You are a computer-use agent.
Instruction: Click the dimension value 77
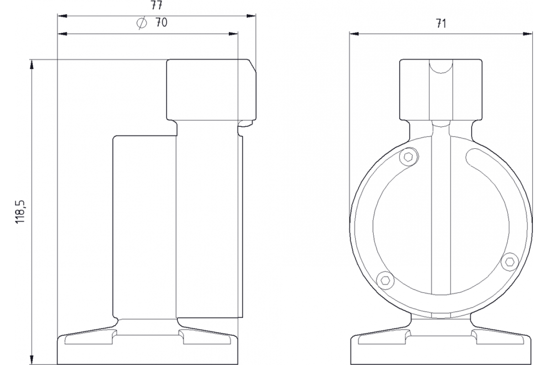click(x=157, y=5)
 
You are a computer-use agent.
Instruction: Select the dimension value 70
click(x=160, y=23)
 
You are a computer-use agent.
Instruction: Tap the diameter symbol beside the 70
click(x=142, y=23)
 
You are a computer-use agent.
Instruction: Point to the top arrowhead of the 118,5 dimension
click(x=32, y=64)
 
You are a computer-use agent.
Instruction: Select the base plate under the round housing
click(x=441, y=349)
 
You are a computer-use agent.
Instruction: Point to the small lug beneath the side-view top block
click(x=247, y=123)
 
